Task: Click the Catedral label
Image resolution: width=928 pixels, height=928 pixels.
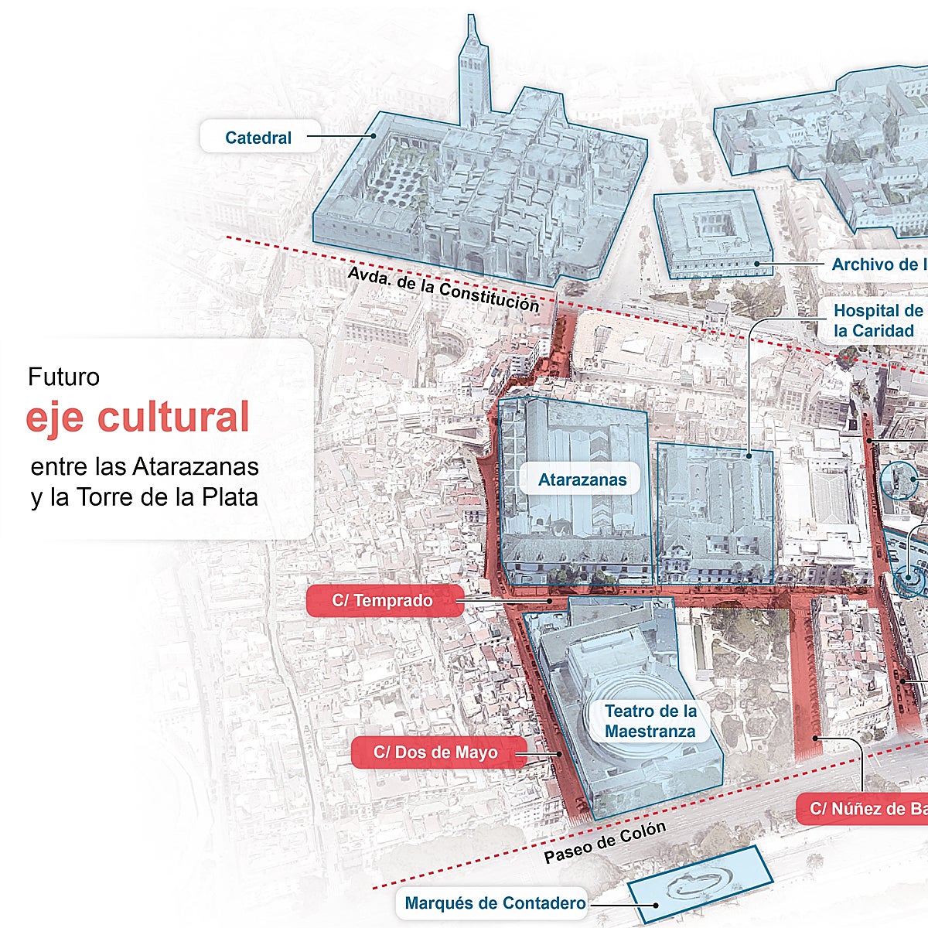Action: coord(258,138)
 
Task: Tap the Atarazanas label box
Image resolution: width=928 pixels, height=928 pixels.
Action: coord(582,479)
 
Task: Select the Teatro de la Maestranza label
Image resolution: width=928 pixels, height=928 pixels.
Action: coord(650,721)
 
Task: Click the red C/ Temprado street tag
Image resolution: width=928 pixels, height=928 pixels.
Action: coord(384,601)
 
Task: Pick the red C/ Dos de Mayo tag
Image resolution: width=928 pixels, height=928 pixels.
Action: coord(436,752)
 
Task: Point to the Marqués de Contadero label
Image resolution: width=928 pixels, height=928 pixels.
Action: coord(495,902)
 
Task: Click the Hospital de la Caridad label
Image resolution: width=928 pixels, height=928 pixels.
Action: coord(876,321)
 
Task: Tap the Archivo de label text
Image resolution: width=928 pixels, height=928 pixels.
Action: coord(878,264)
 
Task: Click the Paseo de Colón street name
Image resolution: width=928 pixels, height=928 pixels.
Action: coord(605,842)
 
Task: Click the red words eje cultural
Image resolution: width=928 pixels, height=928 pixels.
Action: coord(138,418)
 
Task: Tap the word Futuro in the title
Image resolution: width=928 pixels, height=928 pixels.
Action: coord(63,377)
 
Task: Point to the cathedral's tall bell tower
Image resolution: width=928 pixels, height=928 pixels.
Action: coord(469,70)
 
